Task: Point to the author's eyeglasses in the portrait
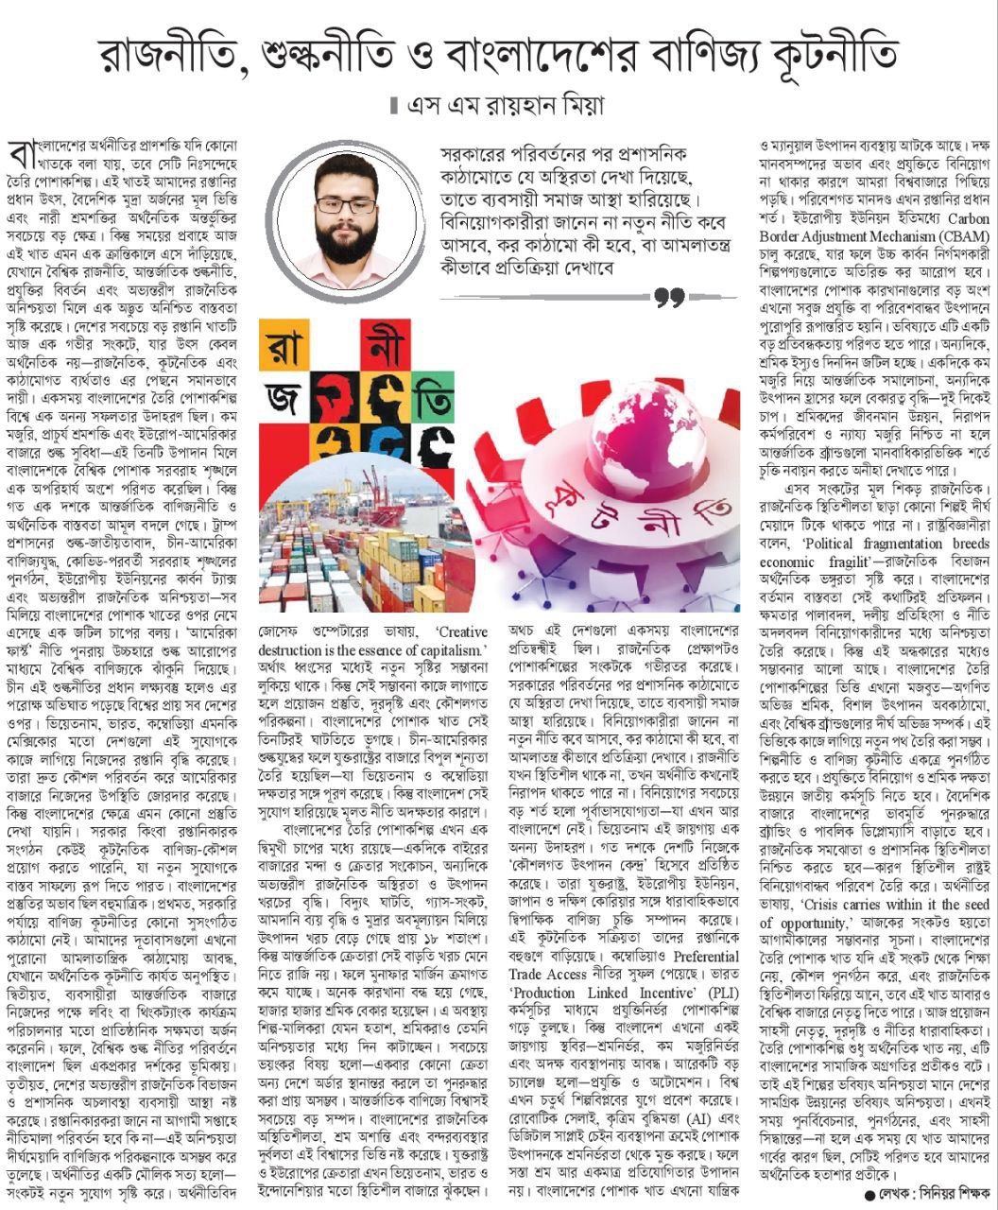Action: coord(345,204)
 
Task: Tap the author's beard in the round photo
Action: coord(347,241)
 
